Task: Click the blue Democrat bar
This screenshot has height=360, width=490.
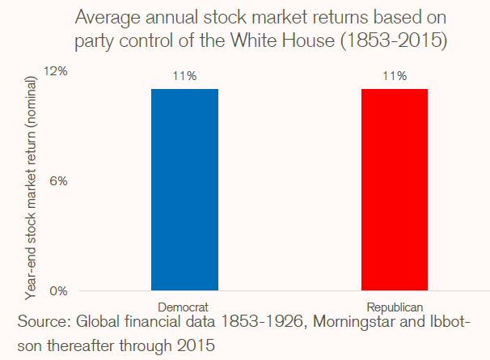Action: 184,189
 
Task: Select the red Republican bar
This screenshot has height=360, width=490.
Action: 394,189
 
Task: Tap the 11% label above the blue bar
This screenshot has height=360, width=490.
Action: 184,77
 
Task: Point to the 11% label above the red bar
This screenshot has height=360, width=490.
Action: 394,77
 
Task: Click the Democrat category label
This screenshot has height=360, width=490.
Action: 184,308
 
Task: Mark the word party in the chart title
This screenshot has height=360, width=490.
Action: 95,40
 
